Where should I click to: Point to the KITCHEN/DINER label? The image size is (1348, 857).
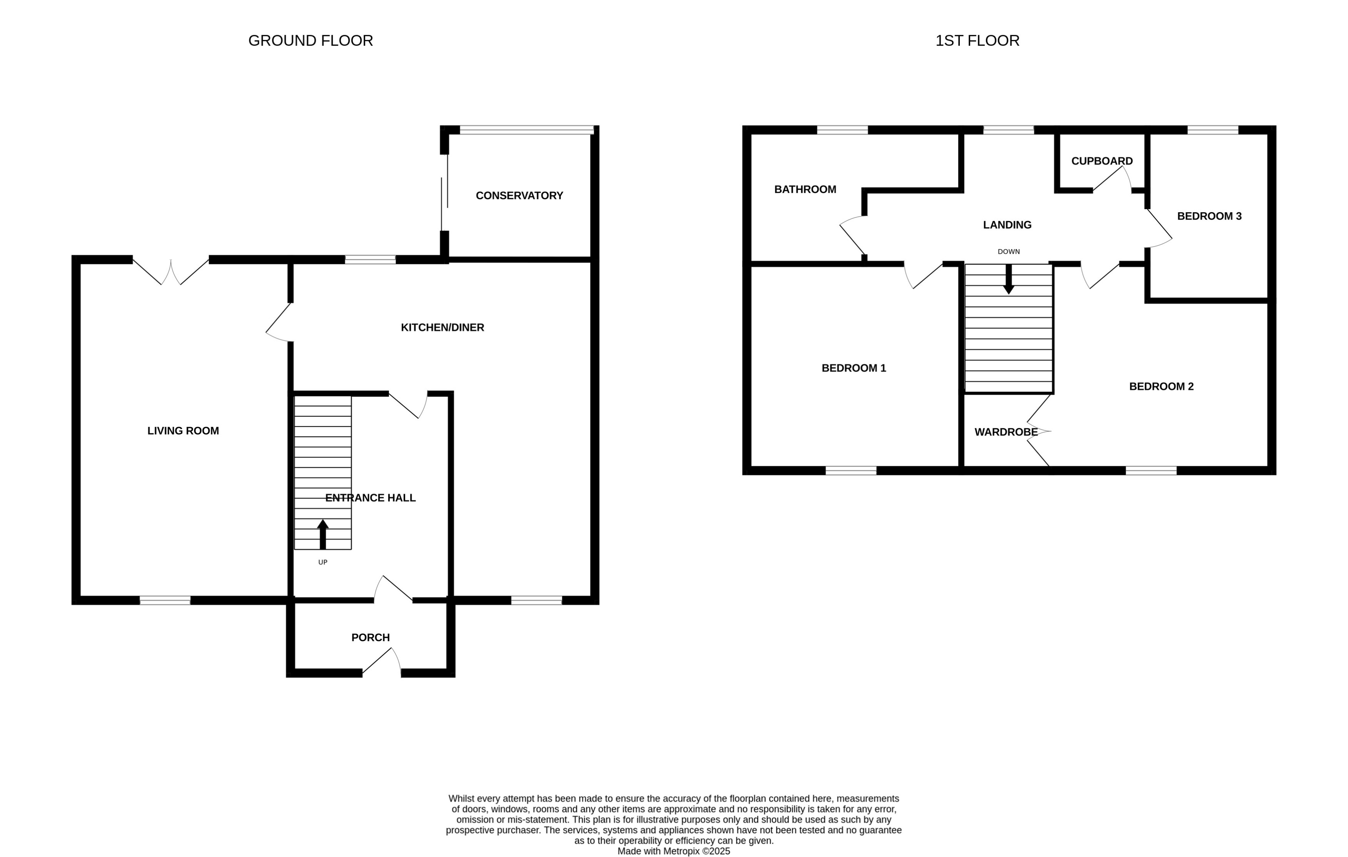coord(442,327)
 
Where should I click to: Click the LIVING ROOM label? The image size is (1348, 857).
coord(183,431)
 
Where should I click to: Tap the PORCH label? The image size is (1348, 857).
coord(370,637)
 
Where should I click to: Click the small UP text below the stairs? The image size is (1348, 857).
coord(322,562)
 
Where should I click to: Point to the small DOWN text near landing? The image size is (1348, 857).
coord(1008,252)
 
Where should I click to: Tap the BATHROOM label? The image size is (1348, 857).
coord(805,189)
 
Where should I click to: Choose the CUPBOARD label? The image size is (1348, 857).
coord(1101,161)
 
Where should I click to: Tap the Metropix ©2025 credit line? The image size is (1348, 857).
coord(674,851)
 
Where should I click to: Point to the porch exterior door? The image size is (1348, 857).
coord(382,663)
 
